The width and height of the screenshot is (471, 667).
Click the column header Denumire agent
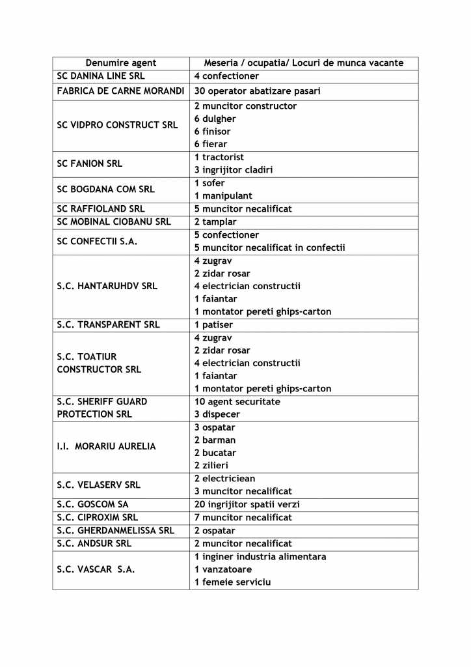(x=121, y=63)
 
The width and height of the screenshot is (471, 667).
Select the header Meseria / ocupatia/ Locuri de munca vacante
(x=304, y=63)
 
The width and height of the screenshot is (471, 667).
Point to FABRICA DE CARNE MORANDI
(x=120, y=91)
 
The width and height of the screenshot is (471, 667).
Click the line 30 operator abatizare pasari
(x=257, y=91)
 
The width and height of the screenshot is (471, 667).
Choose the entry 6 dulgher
(x=215, y=119)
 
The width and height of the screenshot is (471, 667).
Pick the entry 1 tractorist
(x=219, y=157)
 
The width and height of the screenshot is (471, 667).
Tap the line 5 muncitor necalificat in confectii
(x=269, y=248)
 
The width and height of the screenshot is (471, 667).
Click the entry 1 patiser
(x=213, y=324)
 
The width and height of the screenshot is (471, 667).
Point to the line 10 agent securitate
(x=237, y=402)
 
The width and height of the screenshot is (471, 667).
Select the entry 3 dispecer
(x=217, y=414)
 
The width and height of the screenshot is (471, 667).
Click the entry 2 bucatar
(x=215, y=453)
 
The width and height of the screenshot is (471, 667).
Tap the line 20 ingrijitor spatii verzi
(x=247, y=504)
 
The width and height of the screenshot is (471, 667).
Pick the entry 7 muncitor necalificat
(x=243, y=517)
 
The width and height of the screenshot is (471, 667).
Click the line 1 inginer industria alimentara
(x=260, y=557)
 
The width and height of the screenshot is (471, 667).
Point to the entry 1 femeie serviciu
(x=232, y=582)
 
